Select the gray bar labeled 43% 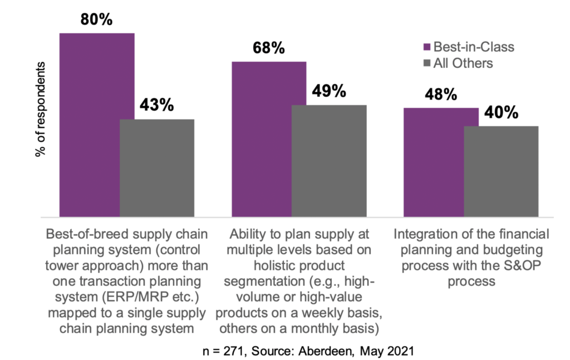click(157, 167)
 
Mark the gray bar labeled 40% click(501, 171)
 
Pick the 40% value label click(500, 112)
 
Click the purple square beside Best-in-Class click(428, 47)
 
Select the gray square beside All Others click(428, 63)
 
